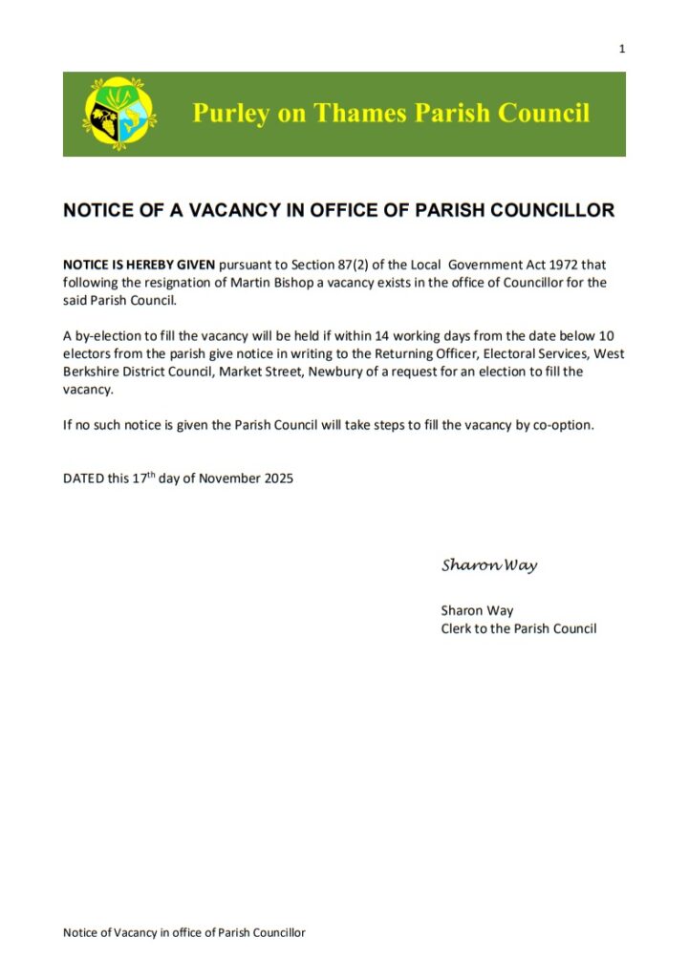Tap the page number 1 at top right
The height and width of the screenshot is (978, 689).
[x=621, y=49]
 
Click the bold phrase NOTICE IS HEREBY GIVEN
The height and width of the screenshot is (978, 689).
[x=140, y=265]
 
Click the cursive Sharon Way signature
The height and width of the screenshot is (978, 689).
[x=489, y=565]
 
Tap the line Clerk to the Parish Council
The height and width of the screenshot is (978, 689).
[x=518, y=628]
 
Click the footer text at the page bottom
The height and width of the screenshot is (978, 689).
[x=183, y=932]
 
